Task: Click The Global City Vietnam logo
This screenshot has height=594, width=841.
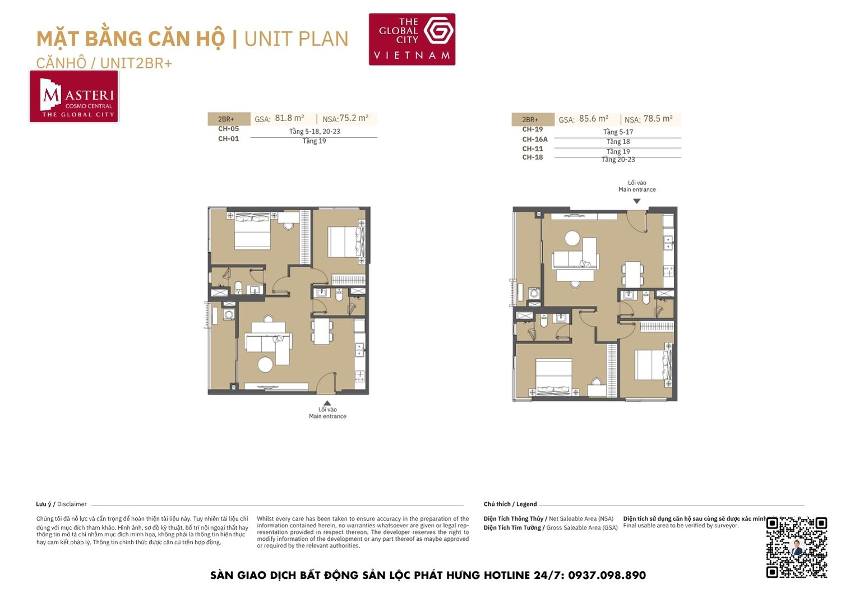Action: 412,39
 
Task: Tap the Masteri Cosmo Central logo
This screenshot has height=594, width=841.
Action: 74,96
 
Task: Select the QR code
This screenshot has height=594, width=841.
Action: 797,547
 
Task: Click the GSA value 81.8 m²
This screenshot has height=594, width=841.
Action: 289,118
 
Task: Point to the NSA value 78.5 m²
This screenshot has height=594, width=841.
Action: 658,119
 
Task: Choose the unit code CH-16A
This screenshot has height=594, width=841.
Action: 534,139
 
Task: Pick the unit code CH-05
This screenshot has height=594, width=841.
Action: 228,129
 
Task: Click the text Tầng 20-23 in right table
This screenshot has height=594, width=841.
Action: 618,160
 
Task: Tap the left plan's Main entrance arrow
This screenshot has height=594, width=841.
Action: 327,403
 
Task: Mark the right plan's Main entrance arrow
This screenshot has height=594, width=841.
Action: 636,201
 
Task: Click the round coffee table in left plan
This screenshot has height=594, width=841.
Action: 265,365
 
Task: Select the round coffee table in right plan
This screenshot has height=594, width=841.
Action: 572,238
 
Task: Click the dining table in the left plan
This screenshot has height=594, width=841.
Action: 321,331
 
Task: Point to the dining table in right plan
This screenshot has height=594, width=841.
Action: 633,274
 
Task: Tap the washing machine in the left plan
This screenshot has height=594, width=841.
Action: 229,315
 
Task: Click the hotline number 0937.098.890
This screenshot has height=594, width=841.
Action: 607,576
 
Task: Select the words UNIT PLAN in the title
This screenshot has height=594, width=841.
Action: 296,39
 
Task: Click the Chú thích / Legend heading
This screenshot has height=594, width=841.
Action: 510,504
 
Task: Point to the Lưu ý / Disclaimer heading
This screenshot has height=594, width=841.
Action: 61,504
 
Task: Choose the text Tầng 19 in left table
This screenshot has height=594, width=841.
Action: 314,141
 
